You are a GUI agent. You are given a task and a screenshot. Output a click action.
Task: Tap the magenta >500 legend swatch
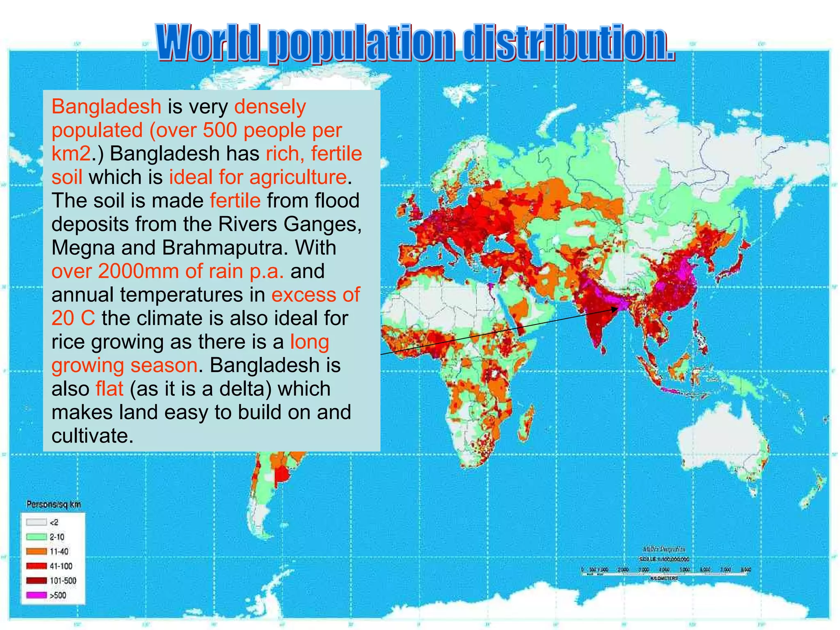tap(36, 595)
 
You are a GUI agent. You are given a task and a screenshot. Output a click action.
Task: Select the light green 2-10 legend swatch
tap(36, 536)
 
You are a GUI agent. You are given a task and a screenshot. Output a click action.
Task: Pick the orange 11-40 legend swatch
tap(36, 551)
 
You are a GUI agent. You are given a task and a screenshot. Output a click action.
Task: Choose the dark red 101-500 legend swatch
tap(36, 580)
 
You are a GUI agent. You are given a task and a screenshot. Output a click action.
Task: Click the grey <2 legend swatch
tap(36, 522)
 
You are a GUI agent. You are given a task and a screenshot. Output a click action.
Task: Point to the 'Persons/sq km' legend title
tap(54, 504)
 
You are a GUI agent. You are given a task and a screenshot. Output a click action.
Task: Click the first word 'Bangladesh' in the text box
tap(106, 107)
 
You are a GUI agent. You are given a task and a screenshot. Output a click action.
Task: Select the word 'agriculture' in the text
tap(298, 177)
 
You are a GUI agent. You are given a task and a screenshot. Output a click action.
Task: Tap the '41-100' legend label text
tap(61, 566)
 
